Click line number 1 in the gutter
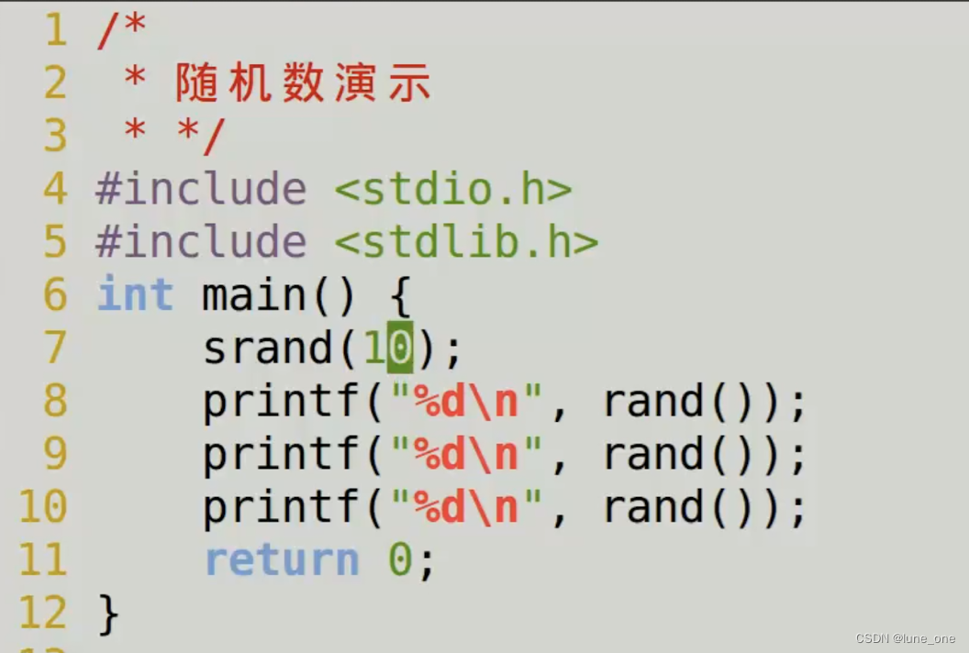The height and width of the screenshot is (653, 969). (x=55, y=30)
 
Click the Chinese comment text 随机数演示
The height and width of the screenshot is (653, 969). (x=303, y=83)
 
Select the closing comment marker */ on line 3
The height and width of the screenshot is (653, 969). (x=200, y=137)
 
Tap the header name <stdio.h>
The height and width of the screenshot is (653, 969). (x=452, y=190)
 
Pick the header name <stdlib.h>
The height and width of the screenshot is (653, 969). (x=465, y=243)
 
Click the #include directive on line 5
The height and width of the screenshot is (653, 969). (x=201, y=243)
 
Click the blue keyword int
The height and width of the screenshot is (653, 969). (x=135, y=295)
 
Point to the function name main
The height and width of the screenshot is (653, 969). (x=254, y=295)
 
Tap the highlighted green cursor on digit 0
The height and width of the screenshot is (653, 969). (x=400, y=349)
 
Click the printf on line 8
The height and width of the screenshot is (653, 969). (x=281, y=402)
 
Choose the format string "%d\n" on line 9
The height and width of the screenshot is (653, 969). (x=467, y=455)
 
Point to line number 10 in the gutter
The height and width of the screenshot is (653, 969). (x=42, y=507)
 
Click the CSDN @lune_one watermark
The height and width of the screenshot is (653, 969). (x=905, y=638)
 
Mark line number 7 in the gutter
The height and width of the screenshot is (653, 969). (x=55, y=349)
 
